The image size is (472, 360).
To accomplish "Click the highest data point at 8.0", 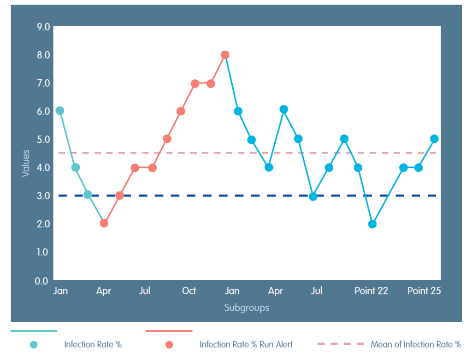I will tap(225, 55).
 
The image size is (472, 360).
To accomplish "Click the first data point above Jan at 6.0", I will tap(60, 111).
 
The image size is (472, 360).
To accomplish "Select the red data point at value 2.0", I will tap(104, 224).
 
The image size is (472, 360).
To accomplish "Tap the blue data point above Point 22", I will tap(372, 224).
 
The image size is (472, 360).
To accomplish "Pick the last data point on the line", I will tap(434, 139).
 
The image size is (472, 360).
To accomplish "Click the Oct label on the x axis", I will tap(189, 291).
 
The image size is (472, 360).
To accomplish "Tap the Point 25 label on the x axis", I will tap(424, 291).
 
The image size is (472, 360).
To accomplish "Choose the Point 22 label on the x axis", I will tap(371, 291).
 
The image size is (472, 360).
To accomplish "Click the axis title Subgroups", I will tap(247, 307).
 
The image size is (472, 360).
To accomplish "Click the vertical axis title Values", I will tap(26, 163).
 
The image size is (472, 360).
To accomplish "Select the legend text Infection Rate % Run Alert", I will tap(246, 344).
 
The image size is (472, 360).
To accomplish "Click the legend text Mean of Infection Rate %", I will tap(416, 344).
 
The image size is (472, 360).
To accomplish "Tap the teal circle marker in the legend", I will tap(34, 344).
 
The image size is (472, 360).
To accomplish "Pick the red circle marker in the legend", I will tap(169, 344).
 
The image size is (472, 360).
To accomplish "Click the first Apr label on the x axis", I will tap(103, 291).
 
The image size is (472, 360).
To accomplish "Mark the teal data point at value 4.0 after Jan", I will tap(76, 167).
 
